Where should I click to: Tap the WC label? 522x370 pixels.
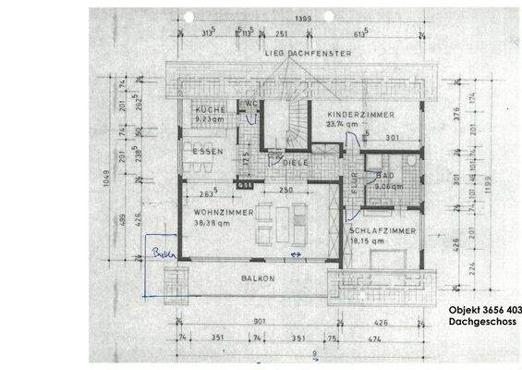[249, 105]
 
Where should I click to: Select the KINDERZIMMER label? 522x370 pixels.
[359, 113]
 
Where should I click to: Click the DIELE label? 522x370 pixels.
[296, 163]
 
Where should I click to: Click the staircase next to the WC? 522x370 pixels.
[282, 122]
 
